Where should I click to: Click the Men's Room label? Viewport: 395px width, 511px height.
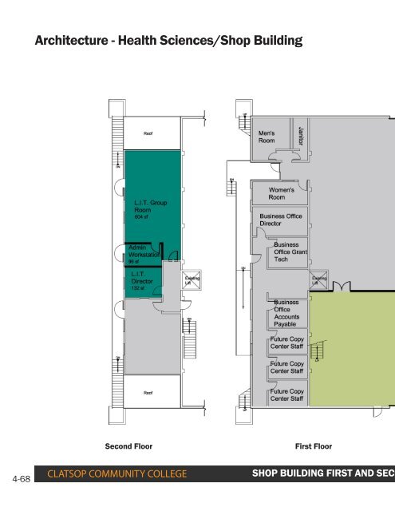pyautogui.click(x=267, y=137)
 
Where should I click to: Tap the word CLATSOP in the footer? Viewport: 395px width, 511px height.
pyautogui.click(x=73, y=477)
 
